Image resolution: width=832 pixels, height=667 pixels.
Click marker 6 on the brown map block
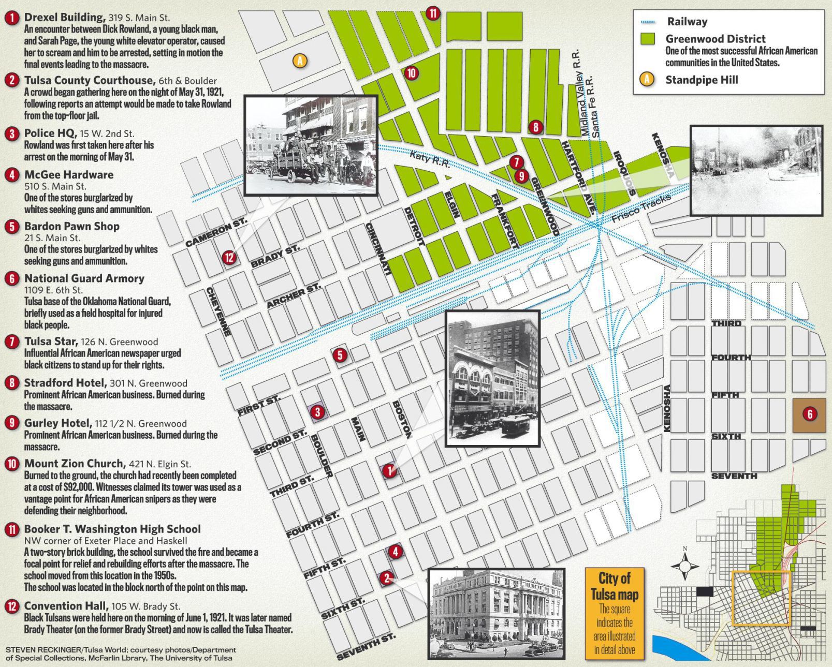[x=810, y=413]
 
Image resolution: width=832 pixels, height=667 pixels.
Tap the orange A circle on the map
[x=299, y=61]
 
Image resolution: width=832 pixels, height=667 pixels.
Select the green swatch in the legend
[x=647, y=39]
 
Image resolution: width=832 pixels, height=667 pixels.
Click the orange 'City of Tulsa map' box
[x=615, y=614]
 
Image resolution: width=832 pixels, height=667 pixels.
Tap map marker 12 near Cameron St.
[x=229, y=257]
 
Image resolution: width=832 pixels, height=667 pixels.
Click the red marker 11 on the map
[x=433, y=13]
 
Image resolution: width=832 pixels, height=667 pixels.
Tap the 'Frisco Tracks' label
[x=641, y=209]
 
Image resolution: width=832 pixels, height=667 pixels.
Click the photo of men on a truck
[x=311, y=145]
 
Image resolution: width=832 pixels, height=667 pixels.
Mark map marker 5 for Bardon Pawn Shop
[x=340, y=355]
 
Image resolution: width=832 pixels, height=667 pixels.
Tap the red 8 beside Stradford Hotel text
[x=11, y=383]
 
